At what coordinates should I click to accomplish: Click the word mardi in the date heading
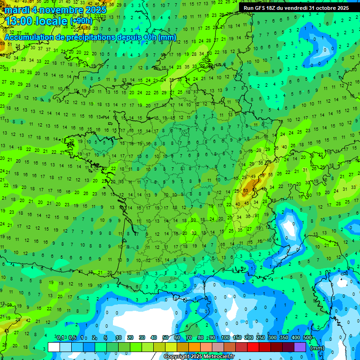pos(17,9)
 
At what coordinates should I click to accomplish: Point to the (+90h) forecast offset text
pos(81,21)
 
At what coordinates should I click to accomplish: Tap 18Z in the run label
pos(272,8)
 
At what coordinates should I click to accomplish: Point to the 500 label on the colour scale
pos(307,338)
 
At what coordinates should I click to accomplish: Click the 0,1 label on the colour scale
pos(60,338)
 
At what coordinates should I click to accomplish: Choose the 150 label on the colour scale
pos(237,338)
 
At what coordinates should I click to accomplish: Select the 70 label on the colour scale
pos(189,338)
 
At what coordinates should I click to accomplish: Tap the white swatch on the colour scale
pos(54,347)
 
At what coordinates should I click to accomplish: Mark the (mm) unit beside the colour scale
pos(317,348)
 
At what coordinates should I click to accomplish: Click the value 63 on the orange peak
pos(246,191)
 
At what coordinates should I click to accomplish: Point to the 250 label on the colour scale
pos(261,338)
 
